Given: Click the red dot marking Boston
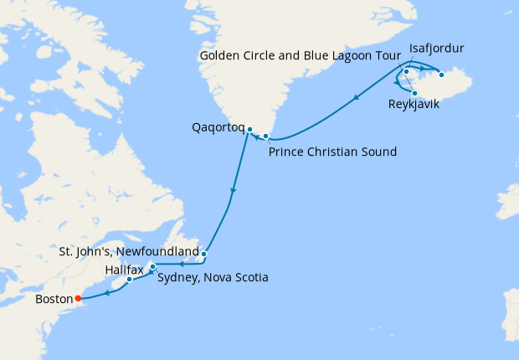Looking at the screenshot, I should (77, 297).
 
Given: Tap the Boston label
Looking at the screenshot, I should (54, 298).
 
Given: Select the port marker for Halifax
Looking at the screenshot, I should (129, 280).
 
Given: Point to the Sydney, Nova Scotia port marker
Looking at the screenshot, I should (152, 267).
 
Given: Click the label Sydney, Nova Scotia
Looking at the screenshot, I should (213, 277).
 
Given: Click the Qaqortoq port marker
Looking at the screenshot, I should (249, 129).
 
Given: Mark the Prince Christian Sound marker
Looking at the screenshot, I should (265, 136).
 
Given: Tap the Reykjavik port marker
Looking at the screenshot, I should (414, 93).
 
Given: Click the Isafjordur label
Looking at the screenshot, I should (436, 49).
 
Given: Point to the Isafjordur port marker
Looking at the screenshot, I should (406, 71).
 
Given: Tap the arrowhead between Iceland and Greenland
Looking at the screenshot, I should (357, 99).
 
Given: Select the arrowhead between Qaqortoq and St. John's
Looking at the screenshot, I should (233, 192).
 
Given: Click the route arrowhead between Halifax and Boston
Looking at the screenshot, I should (107, 293).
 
